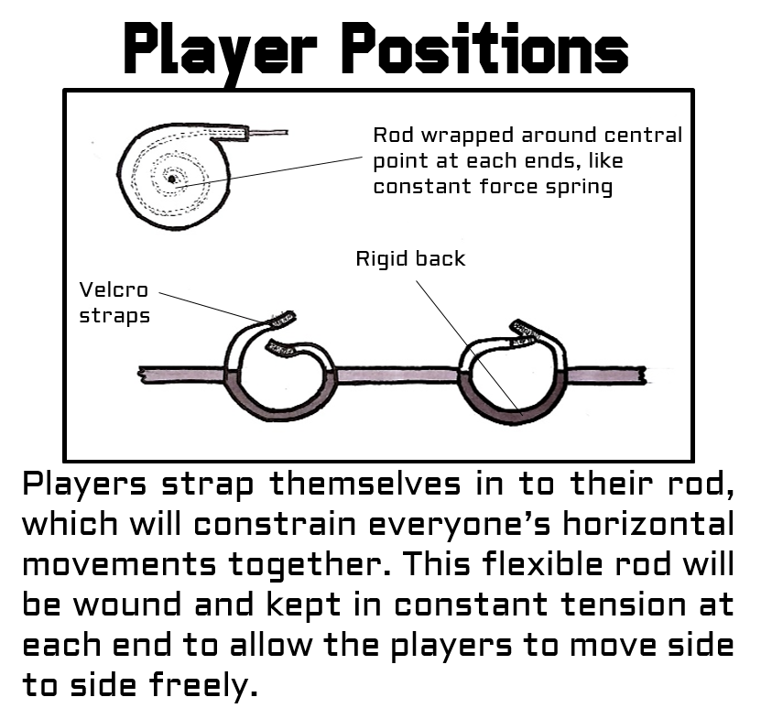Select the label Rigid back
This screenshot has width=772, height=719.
410,259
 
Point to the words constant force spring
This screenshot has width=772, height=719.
492,188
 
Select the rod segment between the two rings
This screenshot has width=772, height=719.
397,374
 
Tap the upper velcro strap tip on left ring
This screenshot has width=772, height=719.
281,320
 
